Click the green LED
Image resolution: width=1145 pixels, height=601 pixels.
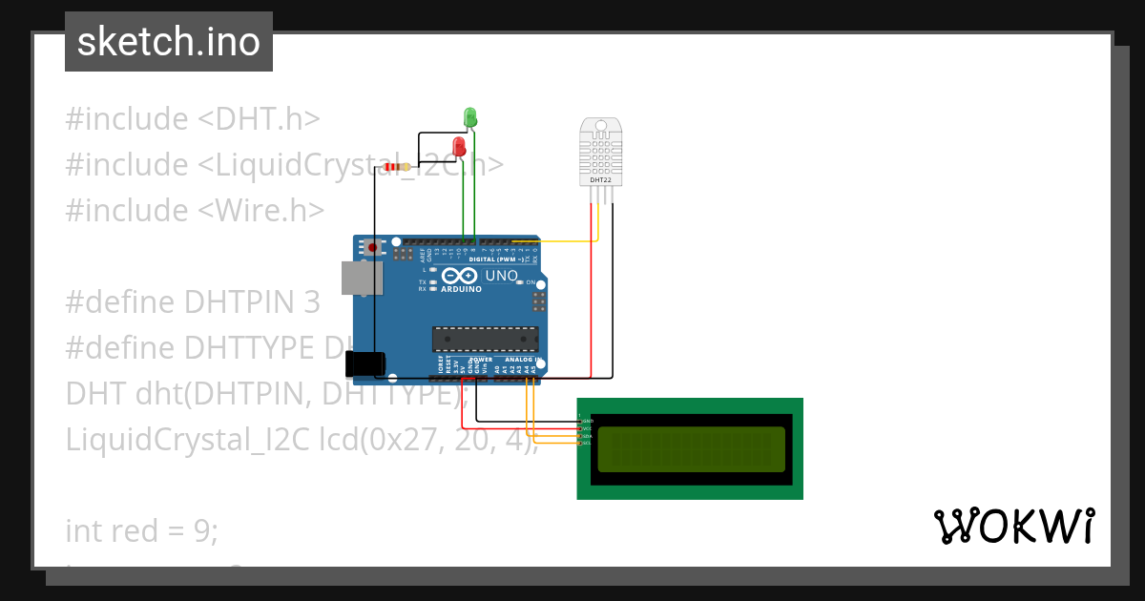pyautogui.click(x=469, y=117)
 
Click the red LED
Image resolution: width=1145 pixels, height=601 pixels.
pyautogui.click(x=459, y=146)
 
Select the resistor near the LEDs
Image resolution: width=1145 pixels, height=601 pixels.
pyautogui.click(x=395, y=167)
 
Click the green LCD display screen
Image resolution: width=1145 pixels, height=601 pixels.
pyautogui.click(x=691, y=448)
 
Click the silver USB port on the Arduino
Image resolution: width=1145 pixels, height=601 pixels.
pyautogui.click(x=363, y=278)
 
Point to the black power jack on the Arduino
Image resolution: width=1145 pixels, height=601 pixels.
pyautogui.click(x=364, y=363)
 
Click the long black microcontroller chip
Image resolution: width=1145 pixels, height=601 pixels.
pyautogui.click(x=485, y=339)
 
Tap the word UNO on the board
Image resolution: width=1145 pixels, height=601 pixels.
pyautogui.click(x=502, y=277)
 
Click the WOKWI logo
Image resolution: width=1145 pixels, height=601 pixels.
pyautogui.click(x=1013, y=526)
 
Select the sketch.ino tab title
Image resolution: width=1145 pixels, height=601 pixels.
pyautogui.click(x=169, y=42)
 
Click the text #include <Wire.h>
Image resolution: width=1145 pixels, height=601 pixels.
pyautogui.click(x=195, y=210)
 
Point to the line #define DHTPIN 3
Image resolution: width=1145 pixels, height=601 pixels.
pyautogui.click(x=193, y=301)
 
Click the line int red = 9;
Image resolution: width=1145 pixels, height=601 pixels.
pyautogui.click(x=142, y=530)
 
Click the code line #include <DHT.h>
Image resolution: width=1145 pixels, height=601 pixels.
pyautogui.click(x=192, y=119)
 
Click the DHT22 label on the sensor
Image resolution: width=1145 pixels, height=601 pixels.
pyautogui.click(x=601, y=179)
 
